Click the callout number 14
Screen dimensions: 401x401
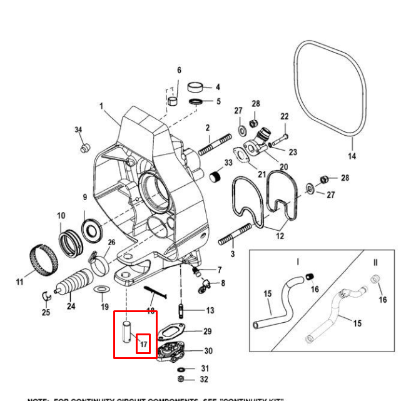point(352,156)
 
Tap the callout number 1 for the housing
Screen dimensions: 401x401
point(101,106)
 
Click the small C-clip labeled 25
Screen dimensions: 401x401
point(46,295)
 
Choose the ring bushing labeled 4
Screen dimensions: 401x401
point(196,86)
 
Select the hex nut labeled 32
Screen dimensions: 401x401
point(181,379)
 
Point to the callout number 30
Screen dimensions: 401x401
point(208,351)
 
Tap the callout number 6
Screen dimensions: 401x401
point(179,70)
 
